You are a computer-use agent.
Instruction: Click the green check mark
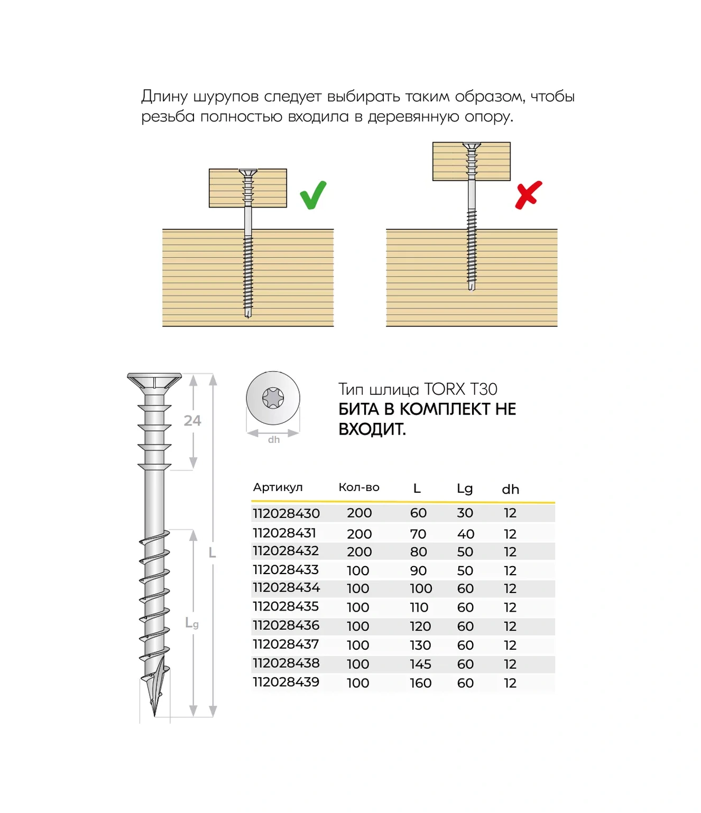[x=313, y=196]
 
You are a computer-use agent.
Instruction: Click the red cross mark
[x=528, y=195]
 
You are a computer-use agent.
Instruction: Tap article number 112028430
[x=286, y=513]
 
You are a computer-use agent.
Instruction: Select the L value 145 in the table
[x=420, y=664]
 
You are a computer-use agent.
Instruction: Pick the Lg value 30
[x=465, y=513]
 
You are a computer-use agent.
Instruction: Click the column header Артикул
[x=278, y=487]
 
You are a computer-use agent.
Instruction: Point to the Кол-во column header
[x=359, y=487]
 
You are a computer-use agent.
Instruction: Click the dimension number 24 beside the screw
[x=192, y=421]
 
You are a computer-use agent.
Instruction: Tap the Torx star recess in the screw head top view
[x=273, y=398]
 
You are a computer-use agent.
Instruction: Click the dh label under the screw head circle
[x=273, y=440]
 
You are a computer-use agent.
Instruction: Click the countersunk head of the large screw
[x=154, y=381]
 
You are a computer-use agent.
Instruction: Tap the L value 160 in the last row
[x=420, y=683]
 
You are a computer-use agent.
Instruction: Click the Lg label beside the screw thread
[x=192, y=623]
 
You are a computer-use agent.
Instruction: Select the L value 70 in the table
[x=418, y=534]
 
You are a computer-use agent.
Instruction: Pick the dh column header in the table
[x=510, y=489]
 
